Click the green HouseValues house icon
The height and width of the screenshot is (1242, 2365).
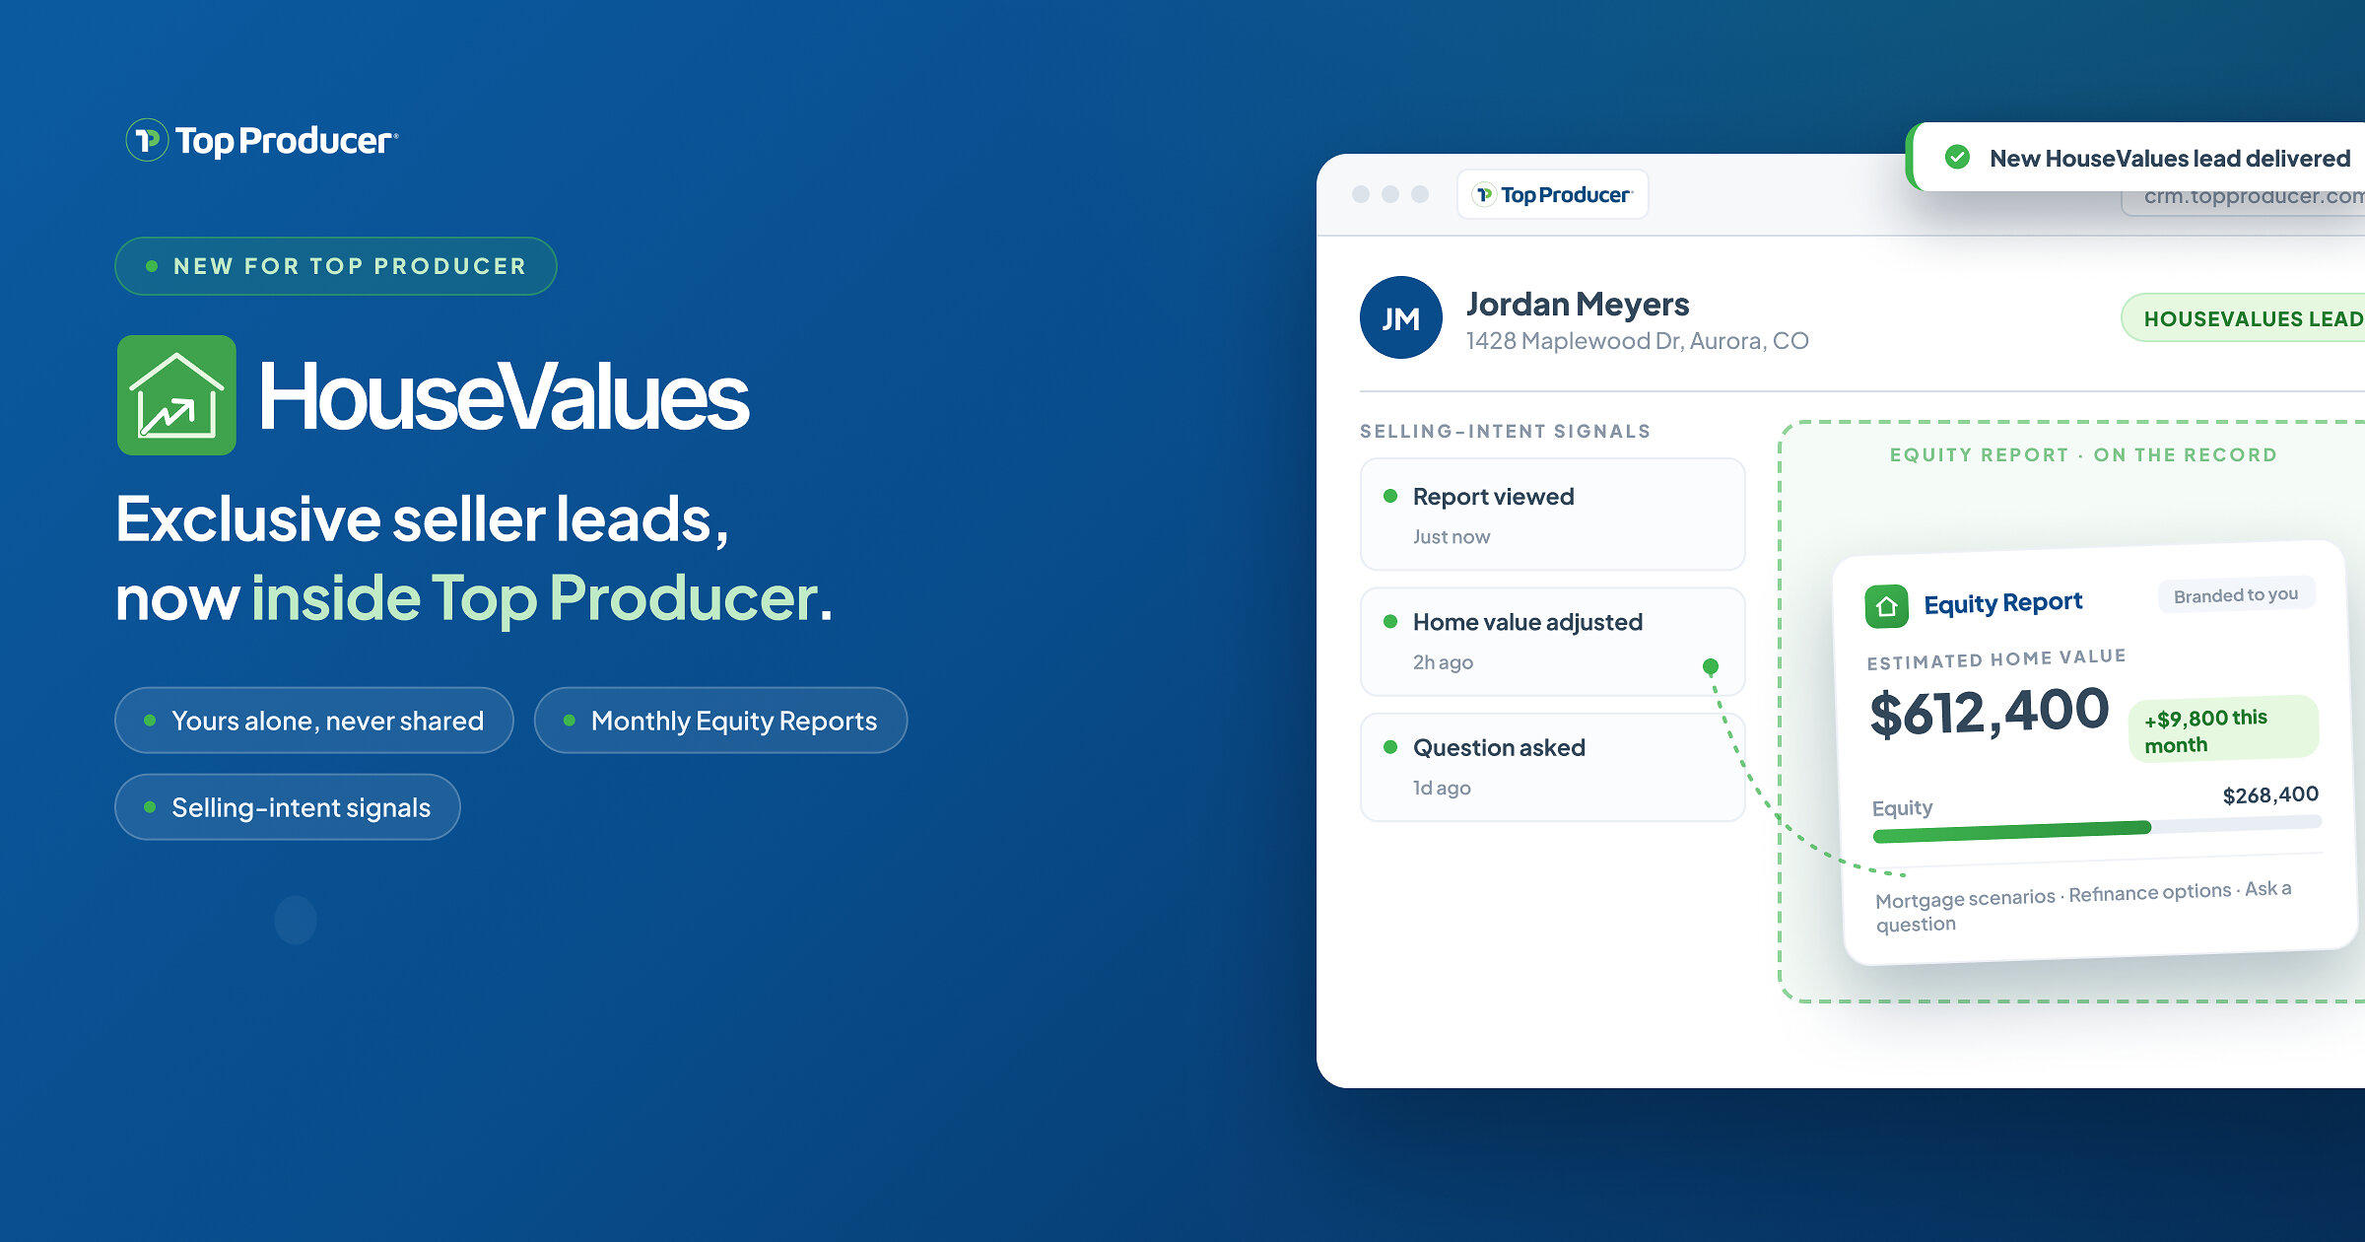(176, 395)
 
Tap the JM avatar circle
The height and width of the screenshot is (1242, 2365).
(1400, 317)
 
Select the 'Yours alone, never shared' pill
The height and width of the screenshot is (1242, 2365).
(314, 721)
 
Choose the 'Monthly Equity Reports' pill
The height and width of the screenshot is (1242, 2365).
(720, 721)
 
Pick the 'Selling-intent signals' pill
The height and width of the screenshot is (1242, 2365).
(288, 807)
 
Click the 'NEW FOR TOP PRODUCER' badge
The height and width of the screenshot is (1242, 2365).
(336, 266)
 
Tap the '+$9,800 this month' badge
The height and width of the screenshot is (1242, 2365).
(2223, 729)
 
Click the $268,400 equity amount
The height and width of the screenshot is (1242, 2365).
(2270, 795)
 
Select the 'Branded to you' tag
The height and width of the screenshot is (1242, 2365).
(2236, 595)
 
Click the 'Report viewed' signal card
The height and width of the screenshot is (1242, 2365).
(1552, 515)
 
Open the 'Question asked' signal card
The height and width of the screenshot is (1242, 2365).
(1552, 767)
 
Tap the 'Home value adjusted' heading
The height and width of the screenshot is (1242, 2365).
(1527, 622)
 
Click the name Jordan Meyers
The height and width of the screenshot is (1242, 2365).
(1578, 304)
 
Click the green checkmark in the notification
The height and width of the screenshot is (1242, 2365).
(1958, 158)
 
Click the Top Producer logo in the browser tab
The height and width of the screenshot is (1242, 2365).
(1553, 194)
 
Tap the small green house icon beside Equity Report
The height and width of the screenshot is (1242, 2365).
(1886, 606)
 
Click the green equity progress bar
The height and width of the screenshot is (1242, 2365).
(2011, 832)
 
